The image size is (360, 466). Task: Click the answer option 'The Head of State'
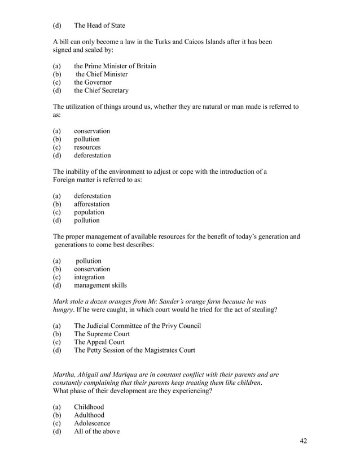pos(99,25)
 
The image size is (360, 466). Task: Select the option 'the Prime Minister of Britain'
pos(115,66)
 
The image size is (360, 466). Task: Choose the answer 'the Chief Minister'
pos(102,74)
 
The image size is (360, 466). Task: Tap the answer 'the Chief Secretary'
pos(101,90)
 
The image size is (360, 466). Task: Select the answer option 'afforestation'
pos(91,204)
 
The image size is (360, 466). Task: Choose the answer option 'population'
pos(89,212)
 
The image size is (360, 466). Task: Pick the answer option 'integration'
pos(89,277)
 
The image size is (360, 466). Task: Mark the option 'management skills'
pos(100,285)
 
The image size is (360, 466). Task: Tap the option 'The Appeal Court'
pos(99,342)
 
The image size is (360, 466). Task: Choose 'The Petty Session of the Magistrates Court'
pos(134,350)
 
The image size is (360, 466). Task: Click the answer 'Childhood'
pos(89,407)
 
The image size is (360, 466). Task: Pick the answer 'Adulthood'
pos(89,415)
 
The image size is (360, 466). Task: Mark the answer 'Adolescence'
pos(92,423)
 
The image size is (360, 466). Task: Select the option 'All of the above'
pos(96,432)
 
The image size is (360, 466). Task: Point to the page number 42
pos(303,441)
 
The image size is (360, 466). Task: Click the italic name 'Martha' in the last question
pos(64,375)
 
